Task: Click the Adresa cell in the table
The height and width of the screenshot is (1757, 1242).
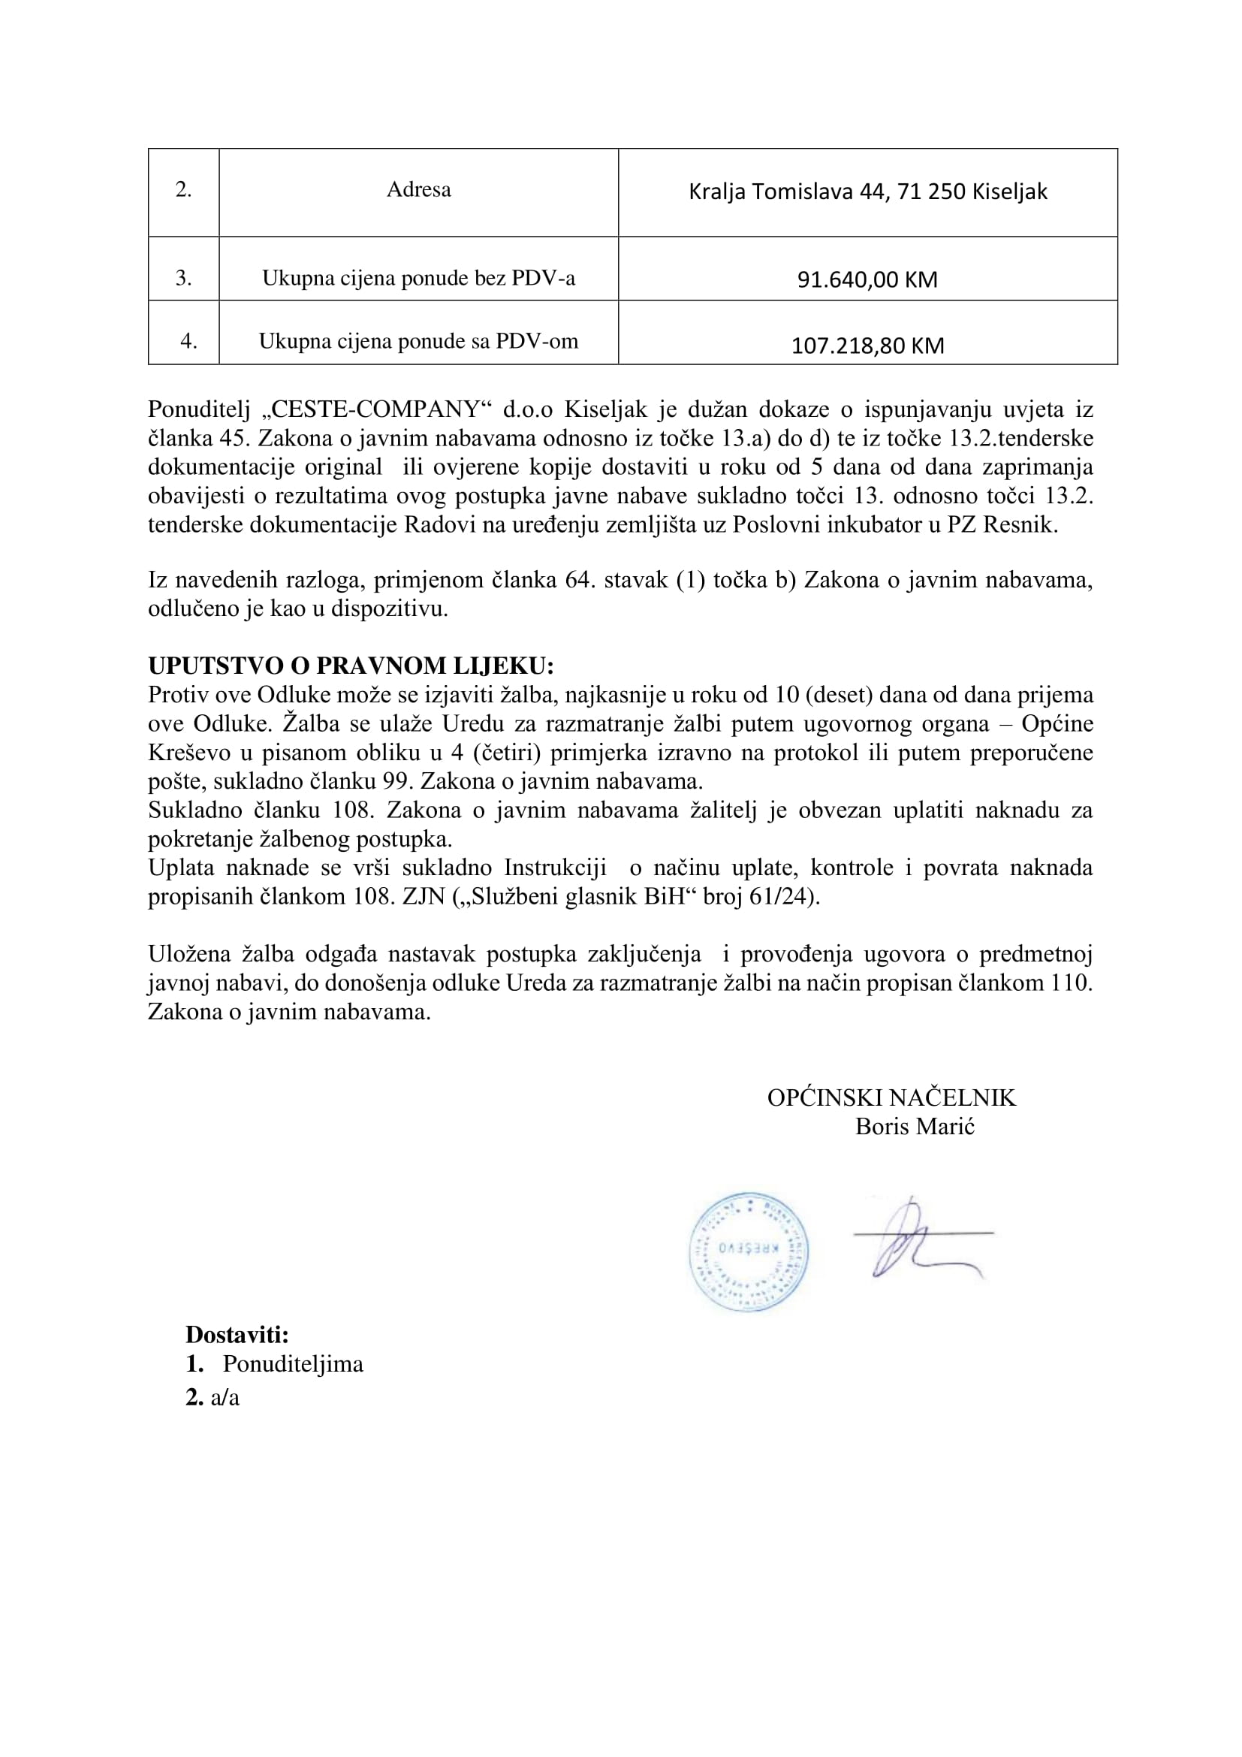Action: pyautogui.click(x=418, y=190)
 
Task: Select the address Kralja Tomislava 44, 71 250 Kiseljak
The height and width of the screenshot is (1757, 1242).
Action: pyautogui.click(x=867, y=192)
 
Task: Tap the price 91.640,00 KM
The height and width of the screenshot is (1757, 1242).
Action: pyautogui.click(x=867, y=279)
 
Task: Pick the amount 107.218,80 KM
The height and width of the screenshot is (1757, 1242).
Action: pyautogui.click(x=867, y=346)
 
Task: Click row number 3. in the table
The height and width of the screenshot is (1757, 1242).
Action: pyautogui.click(x=183, y=279)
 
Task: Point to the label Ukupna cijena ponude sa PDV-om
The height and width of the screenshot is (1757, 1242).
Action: pyautogui.click(x=418, y=341)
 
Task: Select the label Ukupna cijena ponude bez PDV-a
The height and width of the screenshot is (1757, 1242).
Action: pyautogui.click(x=418, y=279)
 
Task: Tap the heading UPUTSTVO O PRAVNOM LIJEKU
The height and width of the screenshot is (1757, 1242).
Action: pyautogui.click(x=350, y=666)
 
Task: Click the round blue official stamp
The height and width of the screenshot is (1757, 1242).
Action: pyautogui.click(x=748, y=1252)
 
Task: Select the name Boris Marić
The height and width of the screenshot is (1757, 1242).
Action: pyautogui.click(x=915, y=1127)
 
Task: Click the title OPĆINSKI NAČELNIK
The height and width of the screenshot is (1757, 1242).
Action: pyautogui.click(x=892, y=1098)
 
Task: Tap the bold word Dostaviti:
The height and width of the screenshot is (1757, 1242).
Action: pyautogui.click(x=237, y=1336)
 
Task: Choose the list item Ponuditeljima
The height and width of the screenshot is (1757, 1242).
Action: pyautogui.click(x=293, y=1364)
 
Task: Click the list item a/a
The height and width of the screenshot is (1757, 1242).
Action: pyautogui.click(x=225, y=1398)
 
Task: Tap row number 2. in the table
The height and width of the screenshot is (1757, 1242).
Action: pyautogui.click(x=183, y=190)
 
